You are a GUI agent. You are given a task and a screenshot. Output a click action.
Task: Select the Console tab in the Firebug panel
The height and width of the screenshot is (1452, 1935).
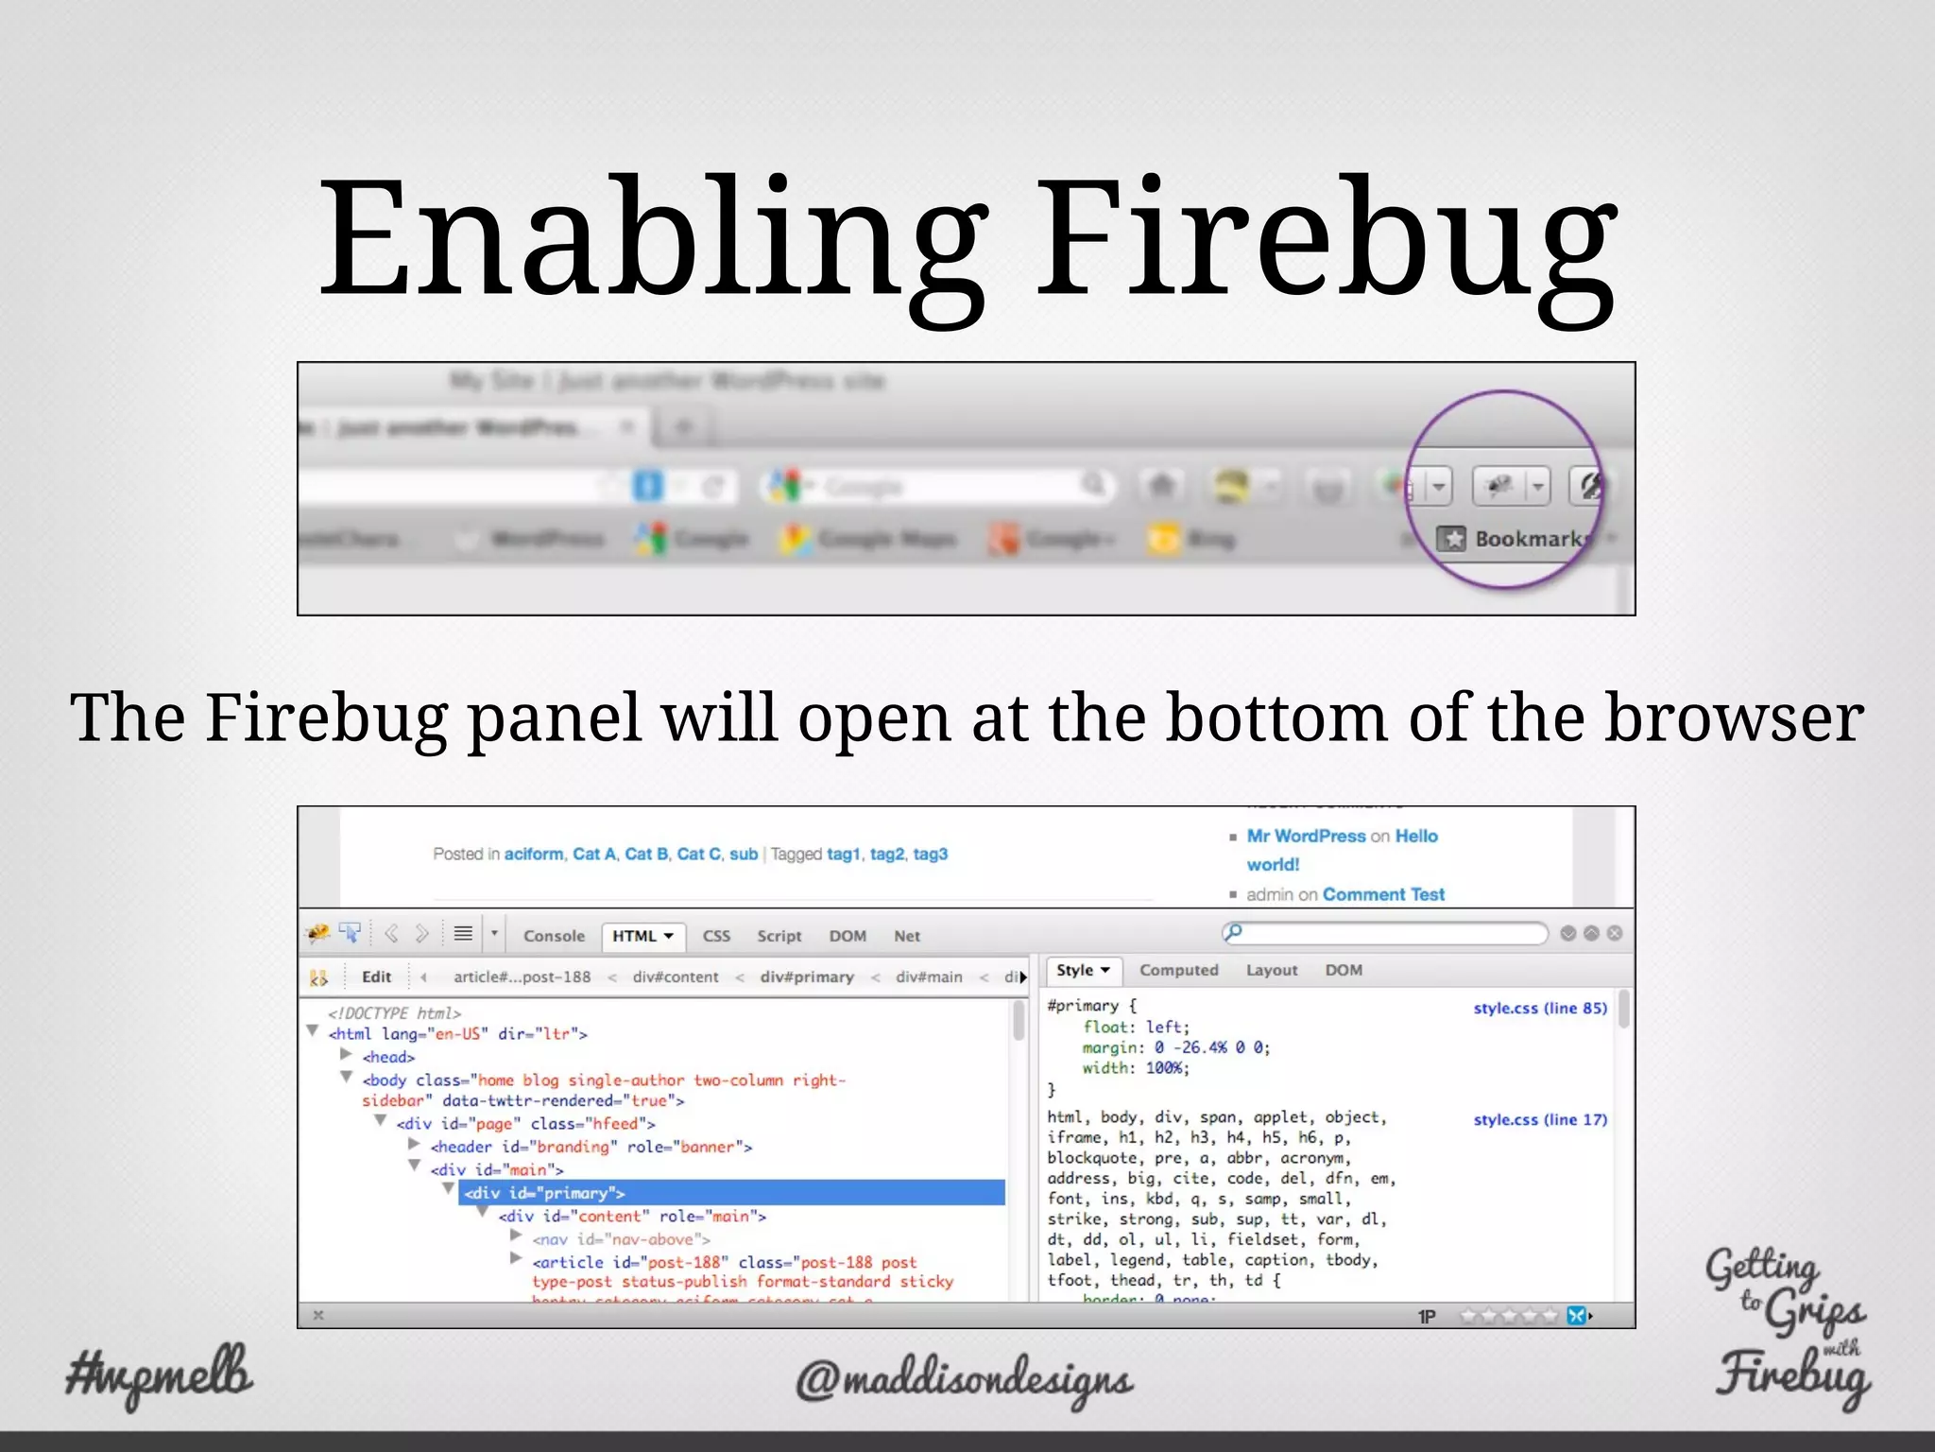coord(554,936)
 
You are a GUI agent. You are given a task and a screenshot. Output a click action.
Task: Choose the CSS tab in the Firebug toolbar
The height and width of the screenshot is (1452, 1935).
coord(716,936)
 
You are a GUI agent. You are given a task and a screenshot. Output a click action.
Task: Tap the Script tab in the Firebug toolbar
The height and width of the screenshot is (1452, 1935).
coord(779,936)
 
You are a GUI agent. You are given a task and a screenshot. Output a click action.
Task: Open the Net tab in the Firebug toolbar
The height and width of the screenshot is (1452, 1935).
coord(906,936)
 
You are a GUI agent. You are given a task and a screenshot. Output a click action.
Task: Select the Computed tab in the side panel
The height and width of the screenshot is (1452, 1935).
coord(1178,970)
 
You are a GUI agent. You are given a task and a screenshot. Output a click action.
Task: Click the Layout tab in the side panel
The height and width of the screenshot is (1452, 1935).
coord(1271,970)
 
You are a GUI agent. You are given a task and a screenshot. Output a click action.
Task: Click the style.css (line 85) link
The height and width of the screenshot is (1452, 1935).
coord(1539,1008)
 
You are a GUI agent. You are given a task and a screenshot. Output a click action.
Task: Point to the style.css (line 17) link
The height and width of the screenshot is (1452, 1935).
coord(1539,1119)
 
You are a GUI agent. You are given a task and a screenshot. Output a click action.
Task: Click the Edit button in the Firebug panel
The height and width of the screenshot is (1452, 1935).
coord(376,977)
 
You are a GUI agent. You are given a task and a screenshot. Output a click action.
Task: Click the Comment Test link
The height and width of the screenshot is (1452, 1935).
coord(1383,894)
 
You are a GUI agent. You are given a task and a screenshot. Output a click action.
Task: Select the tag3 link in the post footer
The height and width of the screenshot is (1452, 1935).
coord(930,854)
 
